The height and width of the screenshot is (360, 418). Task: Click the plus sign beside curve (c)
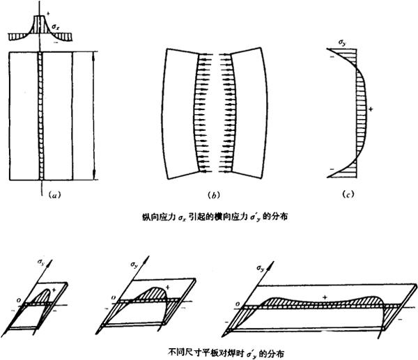[x=371, y=109]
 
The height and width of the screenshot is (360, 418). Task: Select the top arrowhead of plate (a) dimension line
[x=93, y=54]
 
